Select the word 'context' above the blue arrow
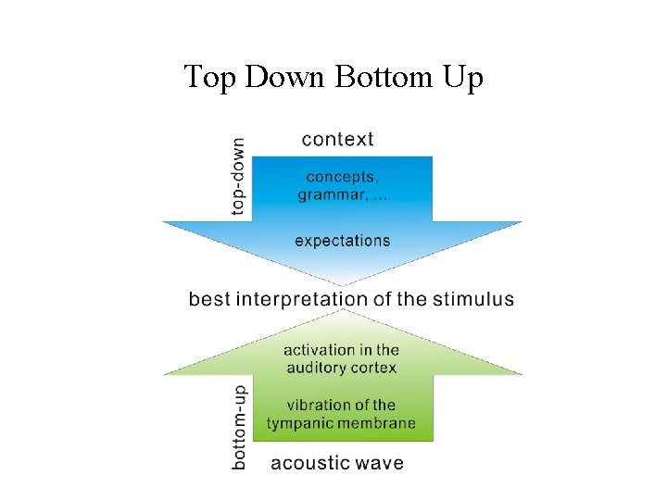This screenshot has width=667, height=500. [338, 139]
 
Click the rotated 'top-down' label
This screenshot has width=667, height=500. [239, 177]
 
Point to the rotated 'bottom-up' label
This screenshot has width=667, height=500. [239, 426]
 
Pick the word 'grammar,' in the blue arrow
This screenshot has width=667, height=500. [328, 194]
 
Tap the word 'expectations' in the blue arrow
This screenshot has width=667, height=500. [342, 241]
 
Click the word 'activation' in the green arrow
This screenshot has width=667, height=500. [318, 350]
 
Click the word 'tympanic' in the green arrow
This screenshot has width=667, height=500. [298, 424]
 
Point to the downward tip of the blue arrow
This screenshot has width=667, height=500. [343, 282]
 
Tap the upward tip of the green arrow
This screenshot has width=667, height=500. [343, 312]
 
